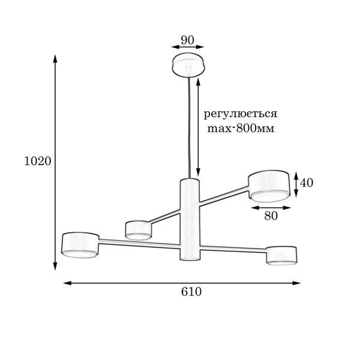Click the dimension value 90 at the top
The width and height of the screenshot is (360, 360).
point(187,40)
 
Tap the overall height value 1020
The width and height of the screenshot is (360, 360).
point(38,161)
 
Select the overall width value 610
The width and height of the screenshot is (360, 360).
point(191,292)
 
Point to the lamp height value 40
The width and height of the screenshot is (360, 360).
point(307,183)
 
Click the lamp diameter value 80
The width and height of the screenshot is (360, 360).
point(271,216)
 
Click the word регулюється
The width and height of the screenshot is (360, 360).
point(241,114)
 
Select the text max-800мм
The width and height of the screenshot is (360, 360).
point(241,128)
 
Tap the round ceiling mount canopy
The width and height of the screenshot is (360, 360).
point(188,65)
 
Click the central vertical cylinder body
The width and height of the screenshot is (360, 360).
point(190,219)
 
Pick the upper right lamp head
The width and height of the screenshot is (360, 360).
point(269,186)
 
